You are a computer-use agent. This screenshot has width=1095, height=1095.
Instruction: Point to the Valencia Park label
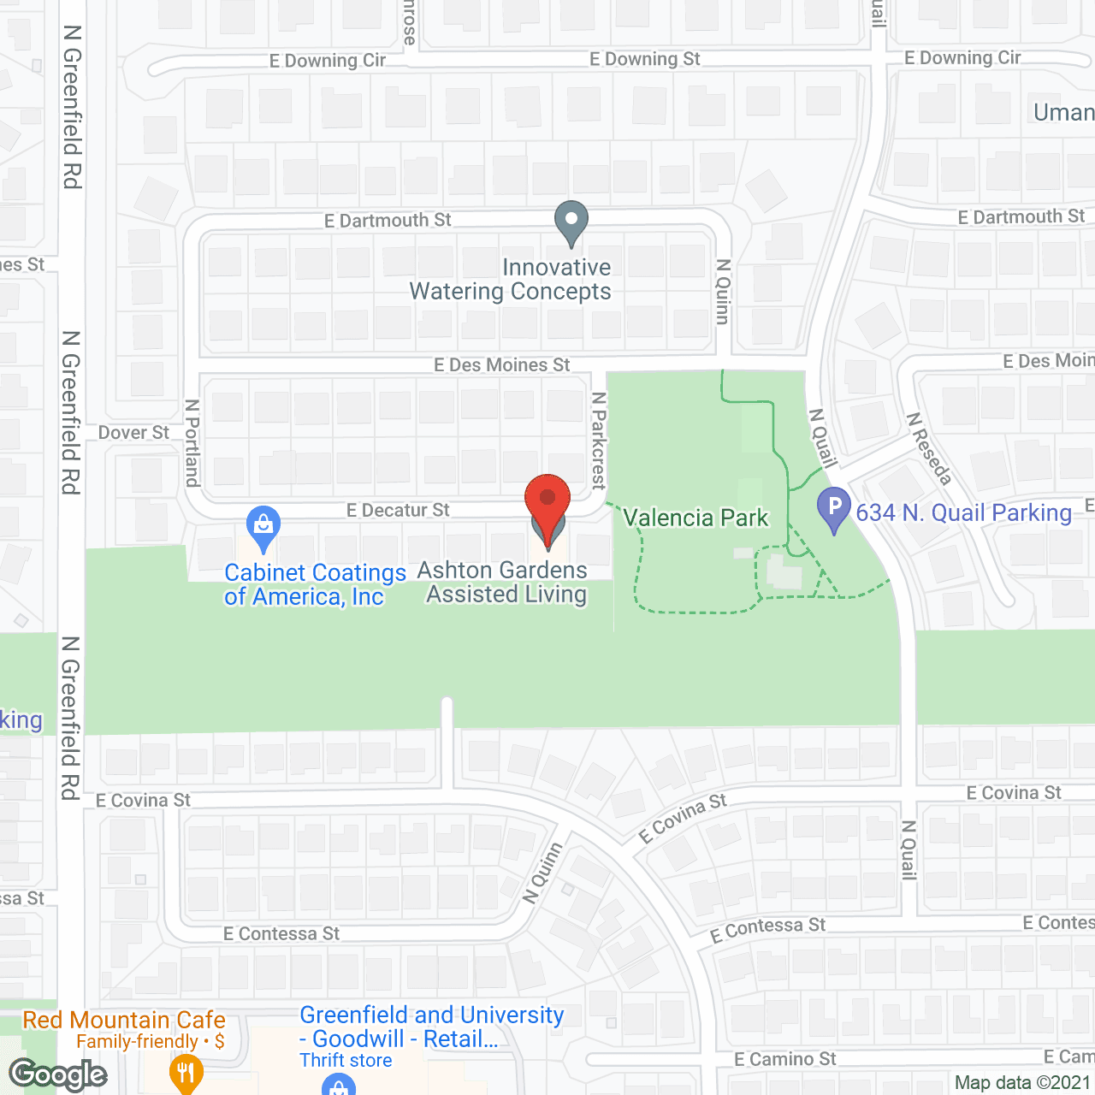pos(695,518)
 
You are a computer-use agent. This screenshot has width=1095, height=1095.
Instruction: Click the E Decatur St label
pos(398,511)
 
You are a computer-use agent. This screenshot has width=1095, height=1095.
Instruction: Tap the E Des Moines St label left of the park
pos(501,365)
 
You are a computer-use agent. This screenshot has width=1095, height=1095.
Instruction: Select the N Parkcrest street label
pos(599,441)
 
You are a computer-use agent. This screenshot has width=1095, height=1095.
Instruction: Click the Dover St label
pos(133,433)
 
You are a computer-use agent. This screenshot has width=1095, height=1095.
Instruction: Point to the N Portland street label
pos(192,442)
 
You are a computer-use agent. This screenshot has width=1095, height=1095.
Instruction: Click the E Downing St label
pos(644,59)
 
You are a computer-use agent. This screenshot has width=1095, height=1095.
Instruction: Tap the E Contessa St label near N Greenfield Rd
pos(281,934)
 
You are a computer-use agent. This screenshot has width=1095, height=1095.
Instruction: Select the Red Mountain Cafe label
pos(124,1020)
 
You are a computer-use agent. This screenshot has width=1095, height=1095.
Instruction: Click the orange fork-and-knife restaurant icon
pos(186,1073)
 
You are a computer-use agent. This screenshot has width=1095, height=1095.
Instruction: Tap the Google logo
pos(58,1074)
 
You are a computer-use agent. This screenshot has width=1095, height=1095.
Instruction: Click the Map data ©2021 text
pos(1023,1083)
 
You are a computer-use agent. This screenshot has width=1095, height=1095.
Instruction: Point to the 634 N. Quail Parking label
pos(963,512)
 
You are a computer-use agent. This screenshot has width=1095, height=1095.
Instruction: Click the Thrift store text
pos(346,1061)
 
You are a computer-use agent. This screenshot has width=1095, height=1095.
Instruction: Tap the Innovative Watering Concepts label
pos(511,280)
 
